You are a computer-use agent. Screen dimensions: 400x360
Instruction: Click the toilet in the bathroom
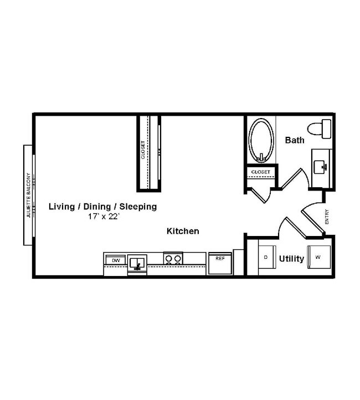(x=321, y=129)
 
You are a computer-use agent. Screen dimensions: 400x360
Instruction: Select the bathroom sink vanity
(x=321, y=166)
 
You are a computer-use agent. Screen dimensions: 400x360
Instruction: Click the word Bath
(x=294, y=140)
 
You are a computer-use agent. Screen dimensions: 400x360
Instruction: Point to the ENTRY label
(x=327, y=217)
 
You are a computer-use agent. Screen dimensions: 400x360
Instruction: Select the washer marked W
(x=318, y=257)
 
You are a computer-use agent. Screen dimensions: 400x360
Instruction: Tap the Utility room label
(x=291, y=258)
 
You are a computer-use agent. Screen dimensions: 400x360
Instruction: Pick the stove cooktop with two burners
(x=173, y=258)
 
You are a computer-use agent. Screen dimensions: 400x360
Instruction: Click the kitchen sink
(x=136, y=262)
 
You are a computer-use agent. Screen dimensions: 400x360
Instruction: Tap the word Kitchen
(x=183, y=231)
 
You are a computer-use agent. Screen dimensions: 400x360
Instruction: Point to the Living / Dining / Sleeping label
(x=103, y=207)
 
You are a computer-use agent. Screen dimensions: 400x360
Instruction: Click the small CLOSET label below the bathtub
(x=260, y=172)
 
